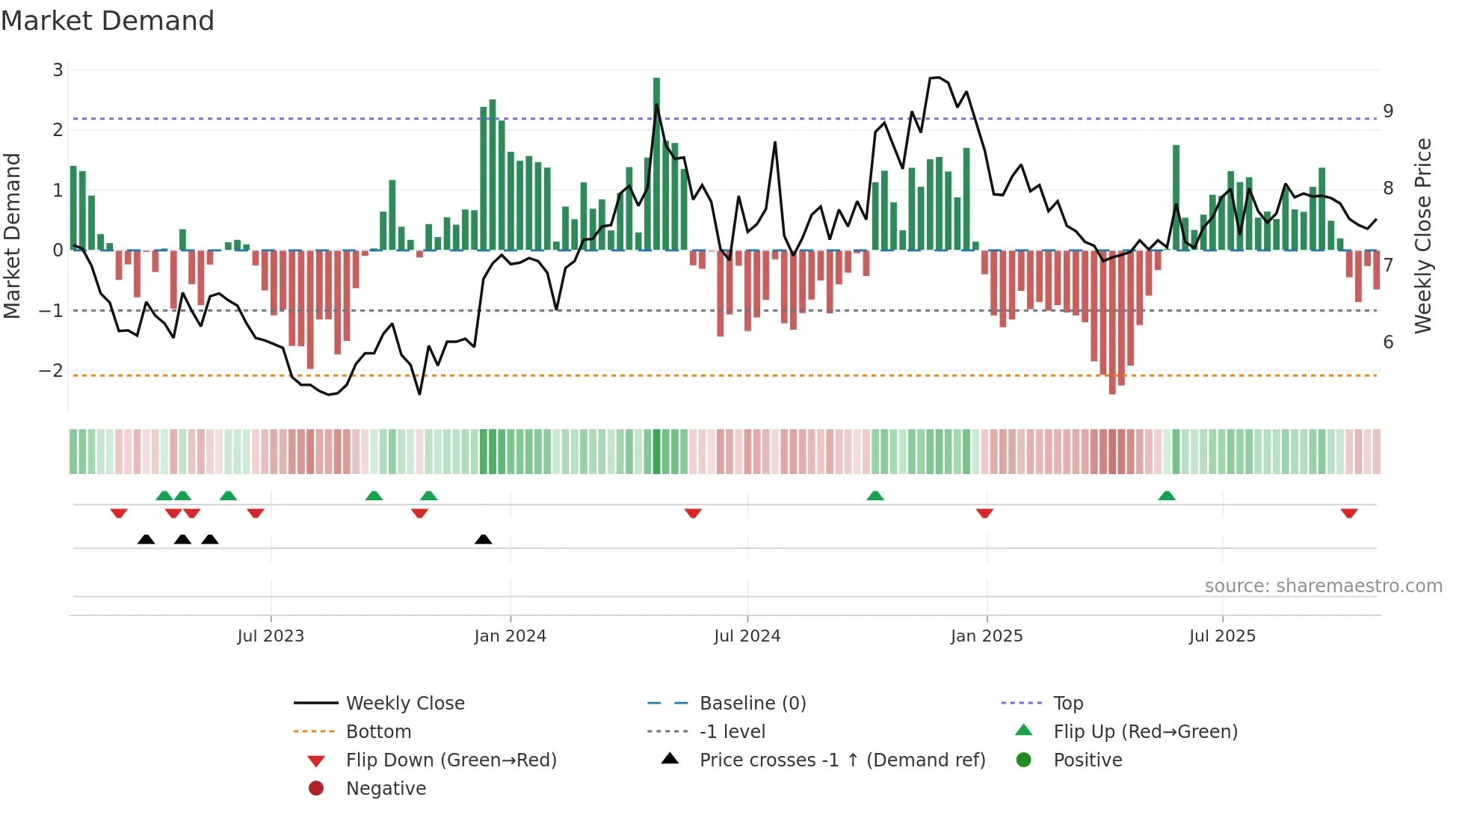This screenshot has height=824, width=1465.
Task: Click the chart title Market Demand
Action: point(108,21)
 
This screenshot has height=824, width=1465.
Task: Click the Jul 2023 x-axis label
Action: point(271,636)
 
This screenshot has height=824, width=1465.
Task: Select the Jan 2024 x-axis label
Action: point(511,636)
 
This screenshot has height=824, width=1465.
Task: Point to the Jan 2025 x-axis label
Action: point(987,636)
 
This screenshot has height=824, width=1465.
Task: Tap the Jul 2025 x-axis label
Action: point(1222,636)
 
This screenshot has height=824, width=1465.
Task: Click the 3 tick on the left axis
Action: point(58,70)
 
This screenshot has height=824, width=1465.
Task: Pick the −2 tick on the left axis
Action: point(52,371)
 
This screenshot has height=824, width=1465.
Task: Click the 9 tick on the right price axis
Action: point(1388,111)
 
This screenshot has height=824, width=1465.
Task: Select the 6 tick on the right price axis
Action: point(1388,342)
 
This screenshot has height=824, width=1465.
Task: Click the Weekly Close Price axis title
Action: point(1423,236)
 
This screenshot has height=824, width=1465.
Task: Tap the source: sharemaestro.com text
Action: point(1323,586)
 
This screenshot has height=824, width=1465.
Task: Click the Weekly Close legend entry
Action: point(404,704)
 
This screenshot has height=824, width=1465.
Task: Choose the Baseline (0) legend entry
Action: point(752,704)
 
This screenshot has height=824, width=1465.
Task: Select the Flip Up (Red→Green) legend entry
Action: point(1145,732)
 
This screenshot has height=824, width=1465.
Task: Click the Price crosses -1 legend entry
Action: point(842,760)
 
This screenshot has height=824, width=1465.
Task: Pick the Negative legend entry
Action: point(386,789)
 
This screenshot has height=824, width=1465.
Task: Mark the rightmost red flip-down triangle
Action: point(1349,513)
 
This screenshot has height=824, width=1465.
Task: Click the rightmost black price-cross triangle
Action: point(484,539)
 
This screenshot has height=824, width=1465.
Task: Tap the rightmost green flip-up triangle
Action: point(1167,495)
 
